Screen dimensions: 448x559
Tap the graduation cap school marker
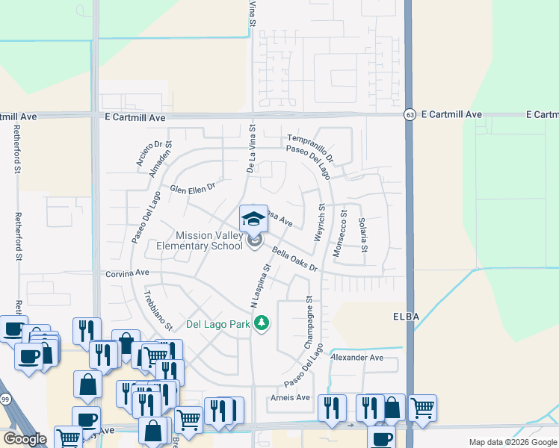tap(253, 220)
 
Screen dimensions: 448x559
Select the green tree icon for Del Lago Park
tap(261, 323)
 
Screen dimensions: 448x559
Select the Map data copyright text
tap(513, 442)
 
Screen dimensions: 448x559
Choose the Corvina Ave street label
tap(128, 274)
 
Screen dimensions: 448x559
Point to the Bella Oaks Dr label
tap(295, 259)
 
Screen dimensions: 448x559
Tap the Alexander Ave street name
tap(356, 358)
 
